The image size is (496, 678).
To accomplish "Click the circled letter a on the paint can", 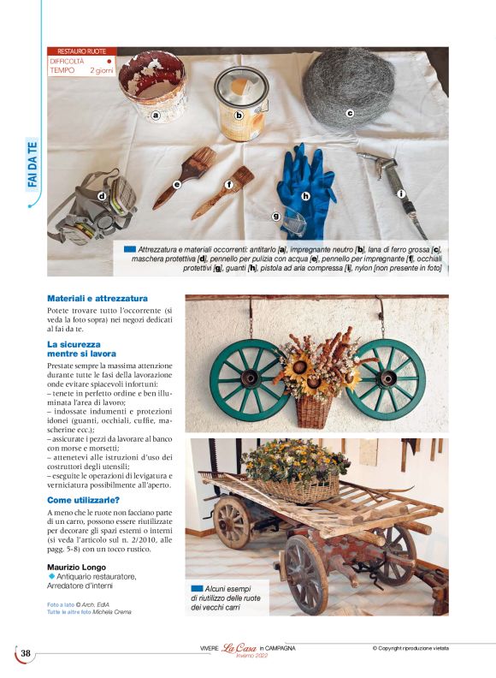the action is point(156,114).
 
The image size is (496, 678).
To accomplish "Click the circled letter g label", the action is point(276,216).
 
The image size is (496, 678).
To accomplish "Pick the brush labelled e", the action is point(185,175).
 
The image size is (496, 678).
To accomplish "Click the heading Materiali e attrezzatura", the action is point(97,299).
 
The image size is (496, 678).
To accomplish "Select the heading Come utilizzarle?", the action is point(83,499).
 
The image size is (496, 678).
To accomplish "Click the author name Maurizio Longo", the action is point(81,567).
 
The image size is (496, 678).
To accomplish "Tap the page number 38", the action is point(26,654).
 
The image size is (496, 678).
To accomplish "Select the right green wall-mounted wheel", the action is point(387,374).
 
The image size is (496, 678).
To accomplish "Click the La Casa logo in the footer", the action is point(239,650).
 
